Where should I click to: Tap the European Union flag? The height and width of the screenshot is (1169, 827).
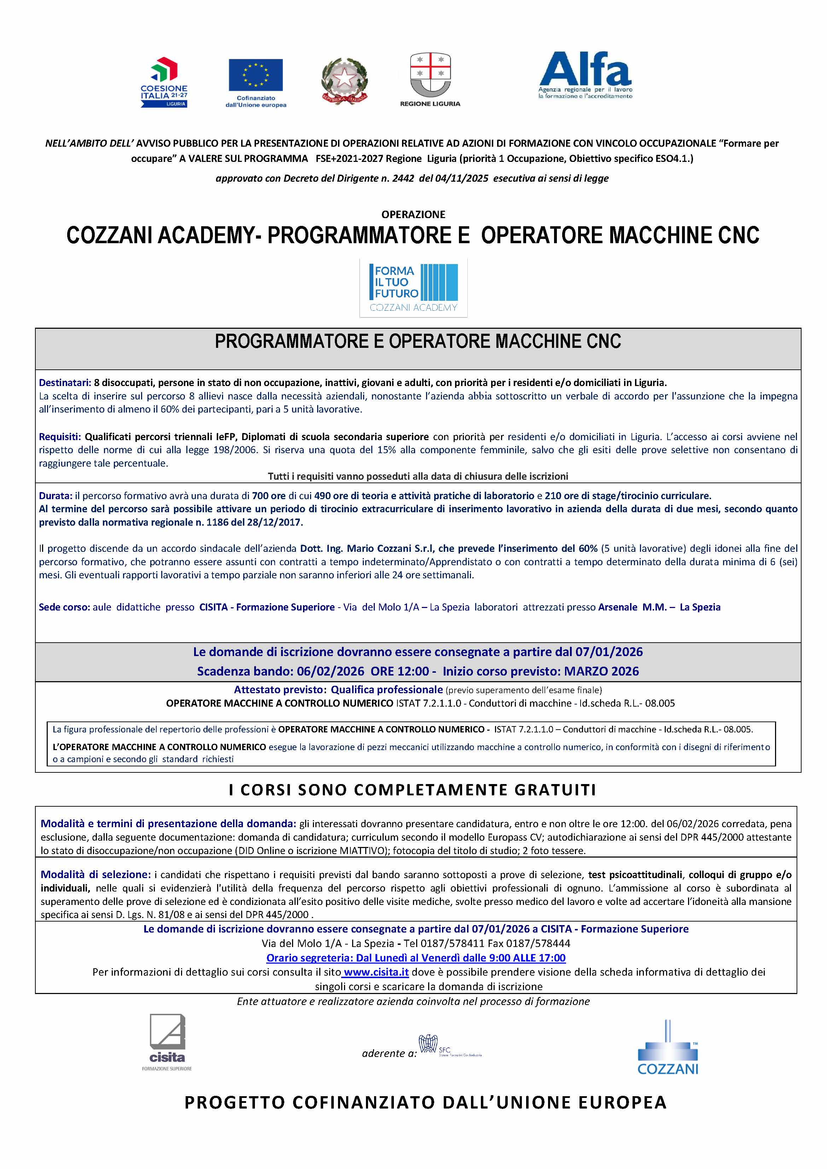point(256,75)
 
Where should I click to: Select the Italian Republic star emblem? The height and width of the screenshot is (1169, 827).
point(344,81)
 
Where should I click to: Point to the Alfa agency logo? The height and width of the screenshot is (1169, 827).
point(585,75)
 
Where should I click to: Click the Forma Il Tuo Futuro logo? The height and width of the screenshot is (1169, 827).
point(414,288)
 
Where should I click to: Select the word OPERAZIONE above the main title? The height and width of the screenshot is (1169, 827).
point(414,214)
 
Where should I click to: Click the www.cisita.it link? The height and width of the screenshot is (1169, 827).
point(376,972)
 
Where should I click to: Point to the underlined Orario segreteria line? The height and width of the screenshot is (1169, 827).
point(415,958)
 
